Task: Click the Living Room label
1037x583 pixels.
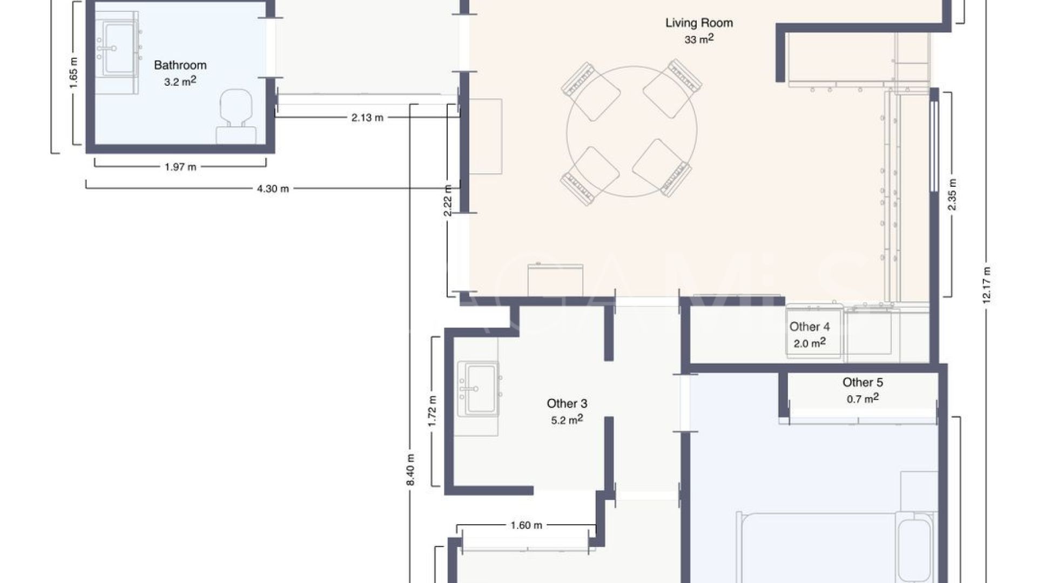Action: coord(699,23)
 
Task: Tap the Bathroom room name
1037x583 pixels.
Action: coord(180,65)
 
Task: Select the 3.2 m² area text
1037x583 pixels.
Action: coord(180,82)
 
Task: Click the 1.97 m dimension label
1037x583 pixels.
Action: coord(180,167)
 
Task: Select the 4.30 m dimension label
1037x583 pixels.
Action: coord(273,188)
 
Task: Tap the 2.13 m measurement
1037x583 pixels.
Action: coord(367,117)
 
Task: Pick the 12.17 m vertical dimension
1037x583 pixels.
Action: coord(986,285)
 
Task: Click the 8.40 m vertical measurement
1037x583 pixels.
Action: coord(410,469)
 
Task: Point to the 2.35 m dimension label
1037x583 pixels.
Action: coord(952,194)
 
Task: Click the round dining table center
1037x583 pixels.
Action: coord(632,131)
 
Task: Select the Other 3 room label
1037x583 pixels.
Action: coord(567,403)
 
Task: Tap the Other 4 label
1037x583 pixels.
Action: coord(810,327)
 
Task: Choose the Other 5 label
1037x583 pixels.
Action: coord(863,382)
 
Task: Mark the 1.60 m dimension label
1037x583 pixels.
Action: coord(526,525)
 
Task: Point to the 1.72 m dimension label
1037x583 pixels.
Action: coord(432,411)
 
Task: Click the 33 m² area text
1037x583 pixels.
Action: coord(699,39)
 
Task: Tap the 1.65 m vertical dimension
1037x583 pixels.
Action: coord(73,73)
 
